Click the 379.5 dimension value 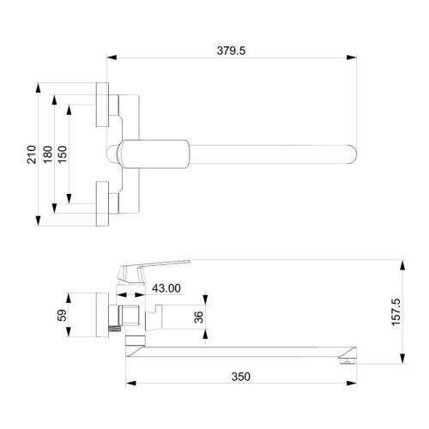pos(232,51)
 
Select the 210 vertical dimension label pos(33,154)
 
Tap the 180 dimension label pos(48,154)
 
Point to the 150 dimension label pos(63,154)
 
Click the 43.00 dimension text pos(166,289)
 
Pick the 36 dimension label pos(199,317)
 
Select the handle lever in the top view pos(150,154)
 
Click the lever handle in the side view pos(159,266)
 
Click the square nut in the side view pos(127,316)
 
